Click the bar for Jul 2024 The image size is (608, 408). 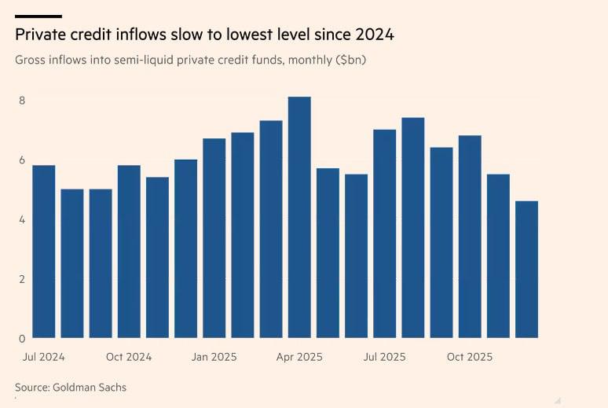coord(43,252)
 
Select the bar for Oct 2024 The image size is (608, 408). coord(129,252)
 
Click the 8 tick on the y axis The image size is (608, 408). coord(23,101)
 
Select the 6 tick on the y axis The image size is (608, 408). coord(23,160)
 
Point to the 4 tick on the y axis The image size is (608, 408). coord(23,219)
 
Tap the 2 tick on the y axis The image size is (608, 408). coord(23,279)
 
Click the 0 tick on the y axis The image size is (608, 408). coord(23,339)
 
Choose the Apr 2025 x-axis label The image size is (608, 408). coord(299,357)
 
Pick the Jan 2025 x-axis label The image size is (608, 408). coord(214,357)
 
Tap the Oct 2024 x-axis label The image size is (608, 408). coord(129,357)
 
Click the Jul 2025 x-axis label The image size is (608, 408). coord(384,357)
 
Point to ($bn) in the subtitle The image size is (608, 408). coord(350,60)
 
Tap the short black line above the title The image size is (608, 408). coord(38,16)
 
